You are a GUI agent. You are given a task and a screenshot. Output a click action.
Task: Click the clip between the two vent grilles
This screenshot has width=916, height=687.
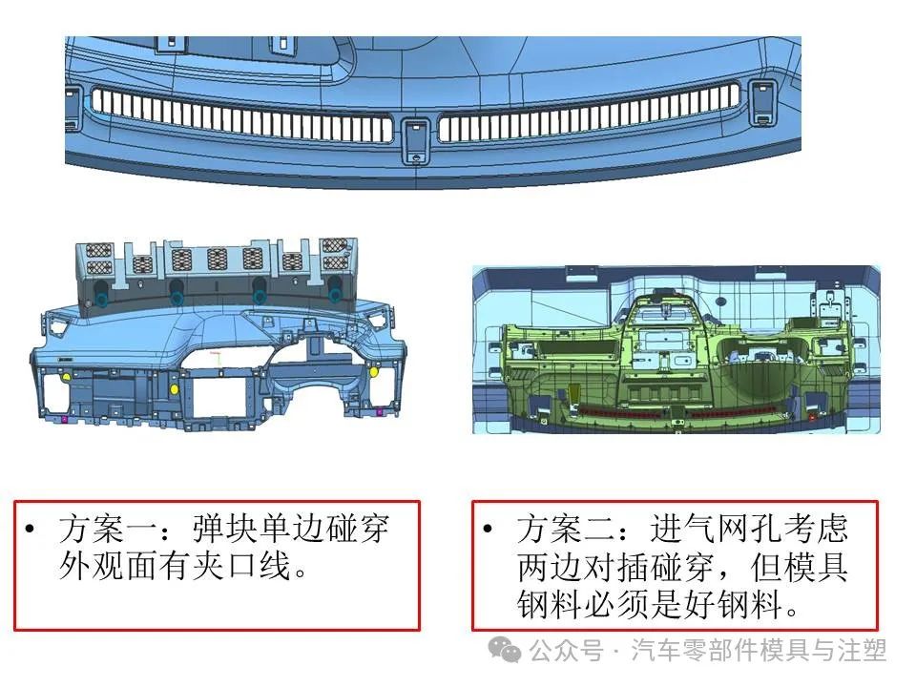[x=416, y=141]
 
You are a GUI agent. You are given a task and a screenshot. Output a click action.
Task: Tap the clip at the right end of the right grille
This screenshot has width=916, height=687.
[x=761, y=103]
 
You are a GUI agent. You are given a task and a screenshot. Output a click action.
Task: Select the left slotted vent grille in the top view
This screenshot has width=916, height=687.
[x=240, y=114]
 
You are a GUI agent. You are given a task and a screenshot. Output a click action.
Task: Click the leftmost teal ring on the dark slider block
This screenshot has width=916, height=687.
[x=102, y=300]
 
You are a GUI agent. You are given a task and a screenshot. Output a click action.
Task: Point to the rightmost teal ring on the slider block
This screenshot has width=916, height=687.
[x=335, y=296]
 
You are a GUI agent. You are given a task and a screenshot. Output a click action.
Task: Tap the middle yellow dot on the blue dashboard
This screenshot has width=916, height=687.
[x=174, y=389]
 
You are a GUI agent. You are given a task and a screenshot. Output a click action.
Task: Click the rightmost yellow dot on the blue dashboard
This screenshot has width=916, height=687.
[x=374, y=371]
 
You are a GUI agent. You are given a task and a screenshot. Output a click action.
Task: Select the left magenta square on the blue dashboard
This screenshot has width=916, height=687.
[x=64, y=419]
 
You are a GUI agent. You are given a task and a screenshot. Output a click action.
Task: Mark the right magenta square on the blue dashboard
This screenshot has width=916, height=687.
[x=379, y=412]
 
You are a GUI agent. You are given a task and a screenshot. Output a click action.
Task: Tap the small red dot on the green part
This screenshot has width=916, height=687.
[x=812, y=417]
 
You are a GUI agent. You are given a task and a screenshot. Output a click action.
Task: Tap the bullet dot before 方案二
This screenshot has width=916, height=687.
[x=488, y=530]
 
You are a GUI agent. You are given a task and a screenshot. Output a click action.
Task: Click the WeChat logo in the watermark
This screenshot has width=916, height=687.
[x=505, y=650]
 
